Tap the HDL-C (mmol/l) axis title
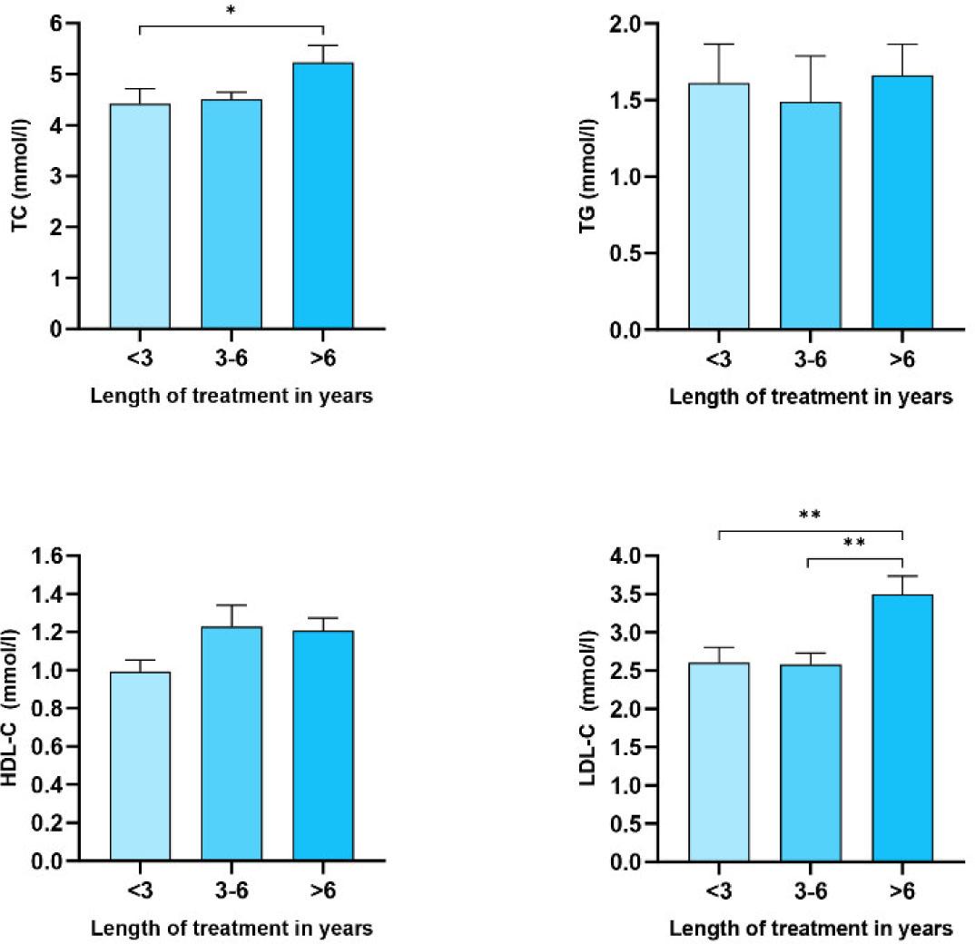click(x=20, y=708)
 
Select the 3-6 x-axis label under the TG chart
click(x=810, y=361)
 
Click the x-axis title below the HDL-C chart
click(x=231, y=929)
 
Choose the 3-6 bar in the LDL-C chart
click(x=810, y=762)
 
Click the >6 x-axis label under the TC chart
click(x=322, y=361)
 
